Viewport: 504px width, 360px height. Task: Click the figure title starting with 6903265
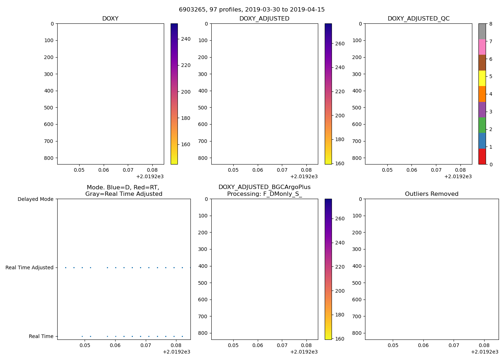point(252,10)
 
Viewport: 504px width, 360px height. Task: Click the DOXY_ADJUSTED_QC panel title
point(418,19)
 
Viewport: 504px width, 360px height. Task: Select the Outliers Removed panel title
point(432,194)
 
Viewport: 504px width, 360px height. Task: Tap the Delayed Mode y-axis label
point(35,199)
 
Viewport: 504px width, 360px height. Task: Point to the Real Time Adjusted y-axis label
point(30,267)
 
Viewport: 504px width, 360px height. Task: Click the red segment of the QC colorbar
point(482,157)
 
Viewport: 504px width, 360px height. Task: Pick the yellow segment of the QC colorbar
point(482,78)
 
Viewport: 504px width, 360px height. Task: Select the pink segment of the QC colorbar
point(482,47)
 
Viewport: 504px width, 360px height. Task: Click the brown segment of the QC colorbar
point(482,63)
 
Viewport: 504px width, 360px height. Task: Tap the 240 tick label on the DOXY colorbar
point(186,39)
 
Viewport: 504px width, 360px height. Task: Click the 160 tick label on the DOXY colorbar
point(186,145)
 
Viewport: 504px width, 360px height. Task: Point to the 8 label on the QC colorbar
point(490,24)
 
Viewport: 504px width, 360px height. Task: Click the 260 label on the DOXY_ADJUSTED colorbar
point(339,44)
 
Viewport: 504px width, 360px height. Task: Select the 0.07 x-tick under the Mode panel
point(145,345)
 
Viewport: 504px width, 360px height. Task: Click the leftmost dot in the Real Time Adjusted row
point(66,267)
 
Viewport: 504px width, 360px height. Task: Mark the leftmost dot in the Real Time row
point(82,336)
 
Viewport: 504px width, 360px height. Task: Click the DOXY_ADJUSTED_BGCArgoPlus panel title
point(264,190)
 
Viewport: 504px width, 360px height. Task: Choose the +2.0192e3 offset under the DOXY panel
point(150,176)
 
